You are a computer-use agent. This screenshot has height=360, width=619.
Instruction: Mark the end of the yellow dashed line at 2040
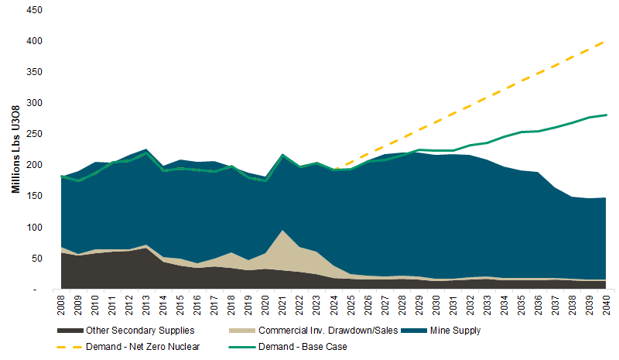click(605, 41)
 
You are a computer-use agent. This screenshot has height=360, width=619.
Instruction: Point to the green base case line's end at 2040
click(605, 115)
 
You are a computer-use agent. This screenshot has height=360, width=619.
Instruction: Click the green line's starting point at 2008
click(62, 177)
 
